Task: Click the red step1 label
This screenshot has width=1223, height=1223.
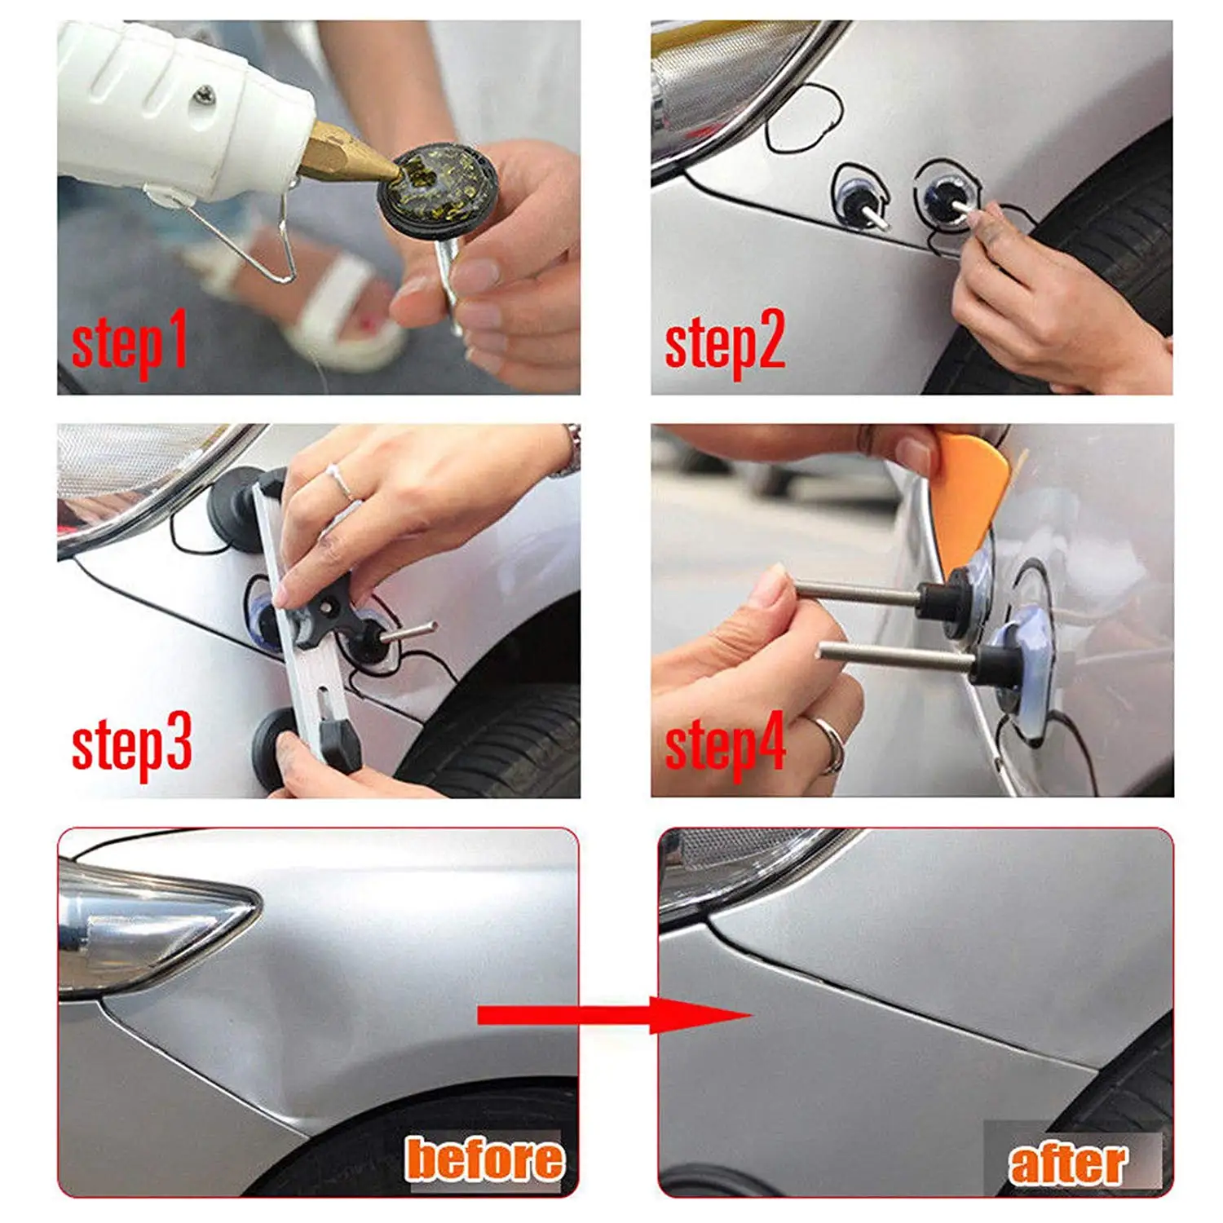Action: pos(130,342)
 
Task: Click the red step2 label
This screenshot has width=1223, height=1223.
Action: pos(725,342)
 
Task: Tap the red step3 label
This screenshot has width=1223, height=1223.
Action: pos(132,744)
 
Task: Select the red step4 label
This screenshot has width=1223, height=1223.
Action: pos(725,744)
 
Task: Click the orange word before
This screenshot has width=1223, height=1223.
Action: pos(484,1159)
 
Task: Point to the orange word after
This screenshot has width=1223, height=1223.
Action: pos(1068,1163)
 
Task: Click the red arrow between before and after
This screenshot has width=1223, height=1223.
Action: pos(615,1016)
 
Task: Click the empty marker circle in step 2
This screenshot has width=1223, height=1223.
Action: pos(805,120)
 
